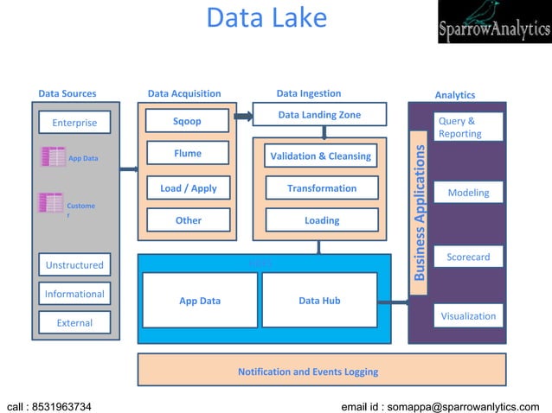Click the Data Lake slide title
pos(266,18)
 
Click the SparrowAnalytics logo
pos(493,22)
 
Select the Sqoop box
pos(187,121)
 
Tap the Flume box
pos(187,154)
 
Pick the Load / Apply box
pos(188,187)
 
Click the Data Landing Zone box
pos(319,115)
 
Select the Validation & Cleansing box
pos(320,156)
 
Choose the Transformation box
pos(321,188)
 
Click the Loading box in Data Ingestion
pos(321,220)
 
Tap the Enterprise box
pos(74,123)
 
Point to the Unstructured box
pos(74,264)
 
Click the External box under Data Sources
pos(74,323)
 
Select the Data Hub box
pos(319,301)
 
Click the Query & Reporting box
pos(468,127)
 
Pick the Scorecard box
pos(468,257)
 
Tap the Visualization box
pos(468,315)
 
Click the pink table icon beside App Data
pos(54,157)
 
